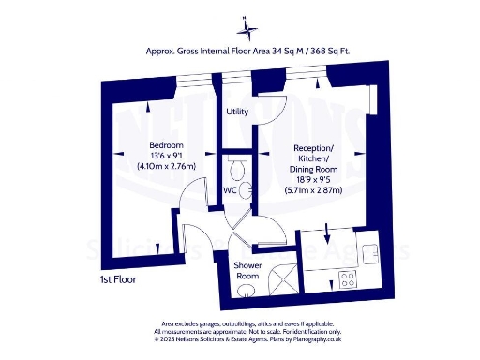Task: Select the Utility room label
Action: coord(237,112)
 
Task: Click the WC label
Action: coord(230,190)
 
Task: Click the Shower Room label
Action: coord(247,271)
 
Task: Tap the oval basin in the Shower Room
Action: coord(247,292)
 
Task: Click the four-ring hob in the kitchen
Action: coord(348,278)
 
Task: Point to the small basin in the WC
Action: coord(246,190)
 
